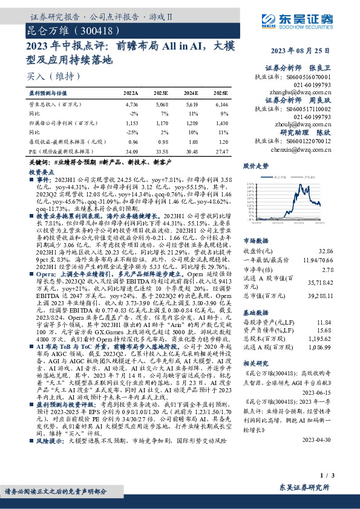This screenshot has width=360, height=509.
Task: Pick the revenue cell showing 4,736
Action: tap(131, 105)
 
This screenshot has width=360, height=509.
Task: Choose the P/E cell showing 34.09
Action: tap(131, 151)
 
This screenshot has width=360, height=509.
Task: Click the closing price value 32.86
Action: tap(326, 251)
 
